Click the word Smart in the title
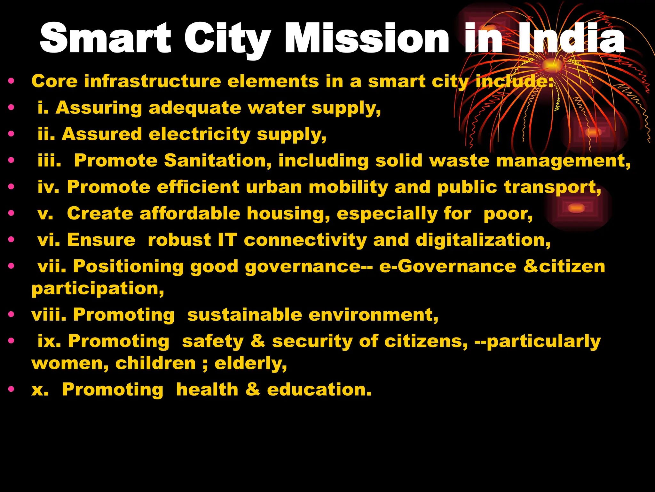pos(106,38)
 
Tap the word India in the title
pos(571,38)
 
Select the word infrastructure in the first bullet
pos(153,81)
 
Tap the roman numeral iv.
pos(48,187)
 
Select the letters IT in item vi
pos(227,240)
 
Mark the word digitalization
pos(483,240)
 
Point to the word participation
pos(98,289)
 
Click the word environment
pos(373,315)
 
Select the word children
pos(155,363)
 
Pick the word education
pos(319,389)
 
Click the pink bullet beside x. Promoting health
pos(12,389)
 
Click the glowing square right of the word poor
pos(576,208)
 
